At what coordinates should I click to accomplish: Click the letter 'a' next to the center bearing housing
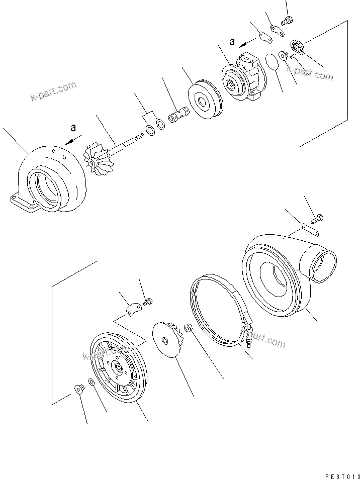coord(232,42)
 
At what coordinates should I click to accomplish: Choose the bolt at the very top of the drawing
coord(288,21)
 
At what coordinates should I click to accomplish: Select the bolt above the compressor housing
coord(317,218)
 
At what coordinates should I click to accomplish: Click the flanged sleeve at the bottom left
coord(79,388)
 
